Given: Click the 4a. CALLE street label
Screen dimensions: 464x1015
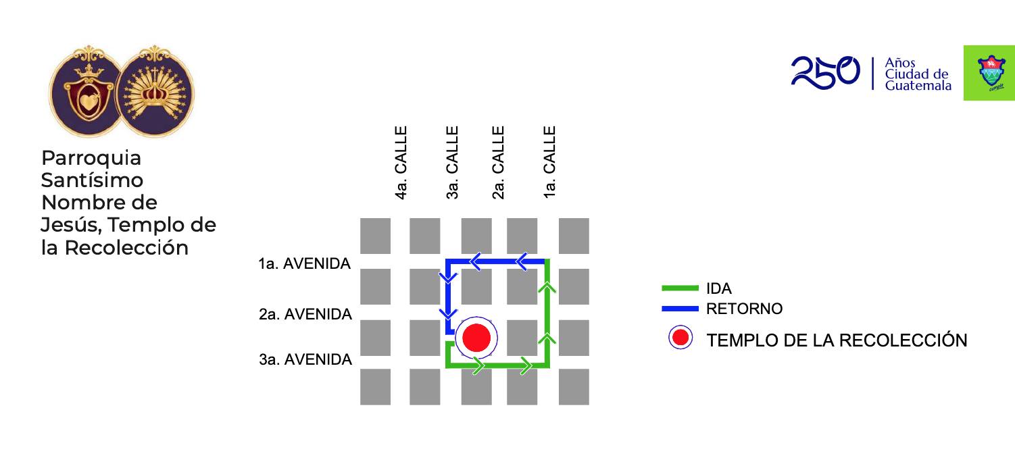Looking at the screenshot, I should pos(401,163).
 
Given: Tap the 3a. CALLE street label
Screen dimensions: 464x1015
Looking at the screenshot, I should pos(453,163).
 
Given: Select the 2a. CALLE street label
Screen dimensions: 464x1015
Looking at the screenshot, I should pos(499,163).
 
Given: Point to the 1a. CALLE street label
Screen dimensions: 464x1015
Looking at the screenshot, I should pos(550,163).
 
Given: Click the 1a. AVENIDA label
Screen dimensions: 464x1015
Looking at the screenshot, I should pos(304,264).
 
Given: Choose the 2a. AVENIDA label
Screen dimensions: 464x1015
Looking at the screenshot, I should pos(305,315).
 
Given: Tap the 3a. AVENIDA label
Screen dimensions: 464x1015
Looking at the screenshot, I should pos(305,360).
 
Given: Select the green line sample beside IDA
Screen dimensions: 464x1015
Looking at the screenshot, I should pos(680,288).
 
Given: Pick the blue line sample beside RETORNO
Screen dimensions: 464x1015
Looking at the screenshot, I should pos(680,309).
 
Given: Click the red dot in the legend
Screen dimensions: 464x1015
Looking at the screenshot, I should pos(680,338).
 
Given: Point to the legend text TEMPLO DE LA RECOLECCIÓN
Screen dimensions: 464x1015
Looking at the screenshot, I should pos(837,340).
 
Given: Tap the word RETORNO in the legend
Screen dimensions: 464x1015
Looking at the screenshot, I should pos(744,309).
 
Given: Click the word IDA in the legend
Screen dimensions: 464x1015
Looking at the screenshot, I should pos(719,288).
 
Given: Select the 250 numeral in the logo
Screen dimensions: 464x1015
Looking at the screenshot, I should pos(825,72).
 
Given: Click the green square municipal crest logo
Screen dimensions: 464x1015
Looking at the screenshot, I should pos(989,73).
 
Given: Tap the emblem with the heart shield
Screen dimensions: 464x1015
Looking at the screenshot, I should pos(85,93).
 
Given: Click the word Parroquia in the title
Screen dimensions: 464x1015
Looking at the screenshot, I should pos(91,158).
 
